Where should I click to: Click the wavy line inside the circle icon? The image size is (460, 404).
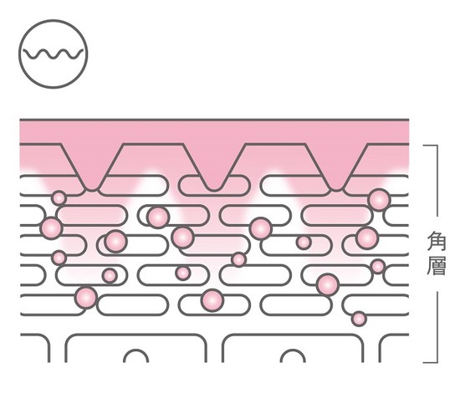tap(53, 54)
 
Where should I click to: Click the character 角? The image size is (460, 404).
tap(437, 241)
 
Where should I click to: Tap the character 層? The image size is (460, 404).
tap(437, 265)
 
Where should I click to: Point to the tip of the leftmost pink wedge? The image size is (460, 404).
tap(92, 190)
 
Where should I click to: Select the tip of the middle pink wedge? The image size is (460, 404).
tap(214, 190)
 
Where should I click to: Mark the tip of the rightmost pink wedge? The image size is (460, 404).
tap(336, 190)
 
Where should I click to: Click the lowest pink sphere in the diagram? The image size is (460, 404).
tap(359, 319)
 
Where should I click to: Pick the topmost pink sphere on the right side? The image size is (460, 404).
tap(379, 200)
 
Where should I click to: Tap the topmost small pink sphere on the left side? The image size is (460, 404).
tap(59, 198)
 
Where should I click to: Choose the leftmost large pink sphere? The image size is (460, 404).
tap(51, 228)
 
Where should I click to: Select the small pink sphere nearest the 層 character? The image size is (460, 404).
tap(378, 266)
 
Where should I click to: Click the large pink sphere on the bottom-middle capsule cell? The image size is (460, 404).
tap(212, 300)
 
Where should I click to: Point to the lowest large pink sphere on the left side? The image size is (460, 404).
tap(86, 297)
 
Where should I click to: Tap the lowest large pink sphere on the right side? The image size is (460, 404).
tap(328, 285)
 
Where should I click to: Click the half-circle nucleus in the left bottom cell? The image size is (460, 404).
tap(135, 355)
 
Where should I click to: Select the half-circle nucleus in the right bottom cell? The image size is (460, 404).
tap(293, 355)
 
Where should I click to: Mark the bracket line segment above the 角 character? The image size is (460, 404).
tap(437, 181)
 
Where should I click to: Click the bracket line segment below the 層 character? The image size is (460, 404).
tap(437, 327)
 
